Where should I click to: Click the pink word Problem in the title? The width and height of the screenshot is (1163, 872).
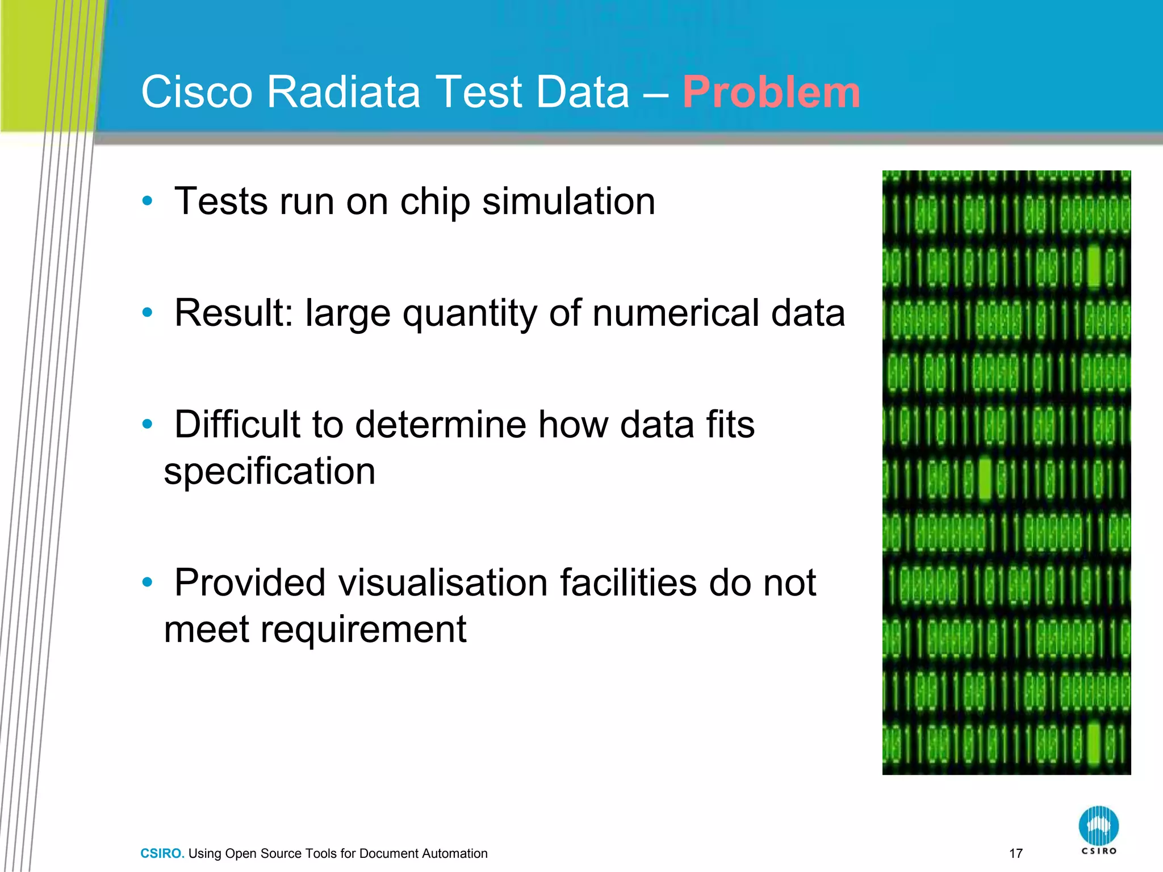click(x=771, y=92)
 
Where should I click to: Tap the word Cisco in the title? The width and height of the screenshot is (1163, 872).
click(x=196, y=92)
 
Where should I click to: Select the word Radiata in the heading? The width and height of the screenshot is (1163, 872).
click(x=344, y=92)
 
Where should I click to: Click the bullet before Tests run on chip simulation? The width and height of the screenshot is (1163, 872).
click(x=148, y=200)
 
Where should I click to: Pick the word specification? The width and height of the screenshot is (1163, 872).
click(x=270, y=471)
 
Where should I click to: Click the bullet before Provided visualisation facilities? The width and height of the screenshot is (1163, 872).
click(x=148, y=582)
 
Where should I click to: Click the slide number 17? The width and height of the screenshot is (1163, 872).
click(x=1016, y=853)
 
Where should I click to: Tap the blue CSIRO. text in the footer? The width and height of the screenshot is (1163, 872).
click(x=162, y=853)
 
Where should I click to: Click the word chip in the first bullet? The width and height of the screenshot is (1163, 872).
click(x=435, y=202)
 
